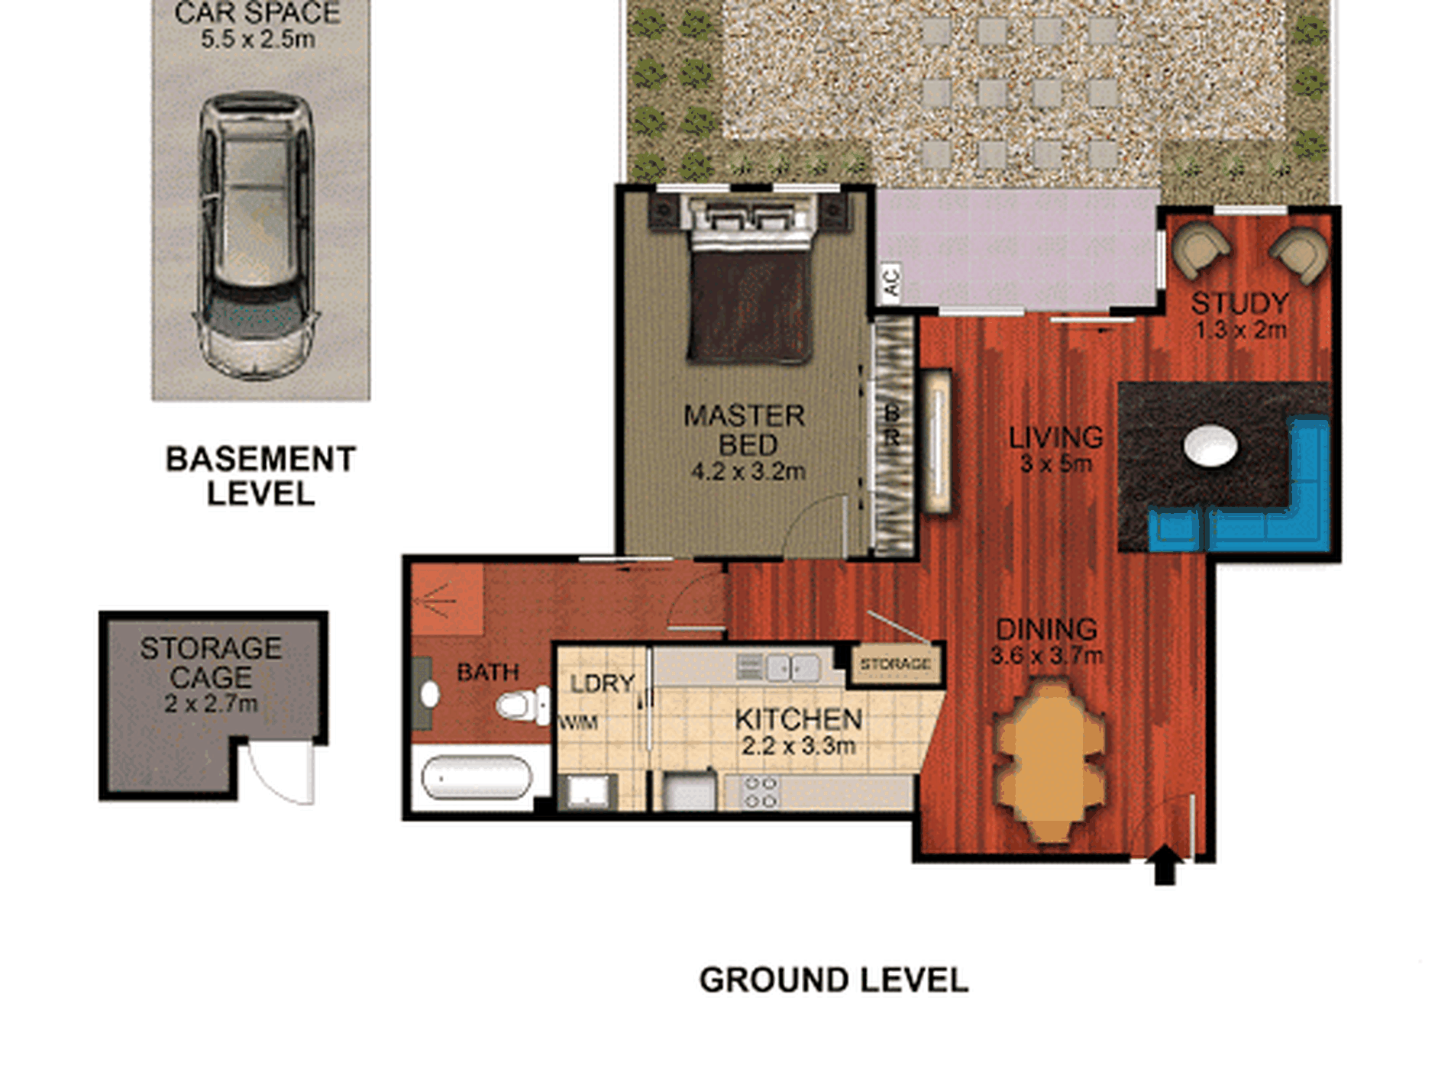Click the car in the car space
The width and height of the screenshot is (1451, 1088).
257,237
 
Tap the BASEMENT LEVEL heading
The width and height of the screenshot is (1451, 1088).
260,476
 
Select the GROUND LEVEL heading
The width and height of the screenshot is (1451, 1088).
834,980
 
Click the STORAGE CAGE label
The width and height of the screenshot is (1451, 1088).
211,663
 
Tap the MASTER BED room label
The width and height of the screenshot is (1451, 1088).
745,431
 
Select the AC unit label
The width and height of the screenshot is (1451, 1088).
891,281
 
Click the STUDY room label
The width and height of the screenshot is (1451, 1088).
1240,303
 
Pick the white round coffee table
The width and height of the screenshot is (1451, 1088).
1211,445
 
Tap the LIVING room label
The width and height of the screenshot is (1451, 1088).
1056,437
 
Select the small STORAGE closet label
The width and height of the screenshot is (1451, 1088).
896,664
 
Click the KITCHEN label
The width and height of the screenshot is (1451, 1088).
799,719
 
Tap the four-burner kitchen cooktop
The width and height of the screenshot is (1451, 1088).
761,792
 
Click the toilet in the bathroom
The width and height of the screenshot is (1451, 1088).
522,704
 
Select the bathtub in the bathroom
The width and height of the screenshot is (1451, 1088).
477,777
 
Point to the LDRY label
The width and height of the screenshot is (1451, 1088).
603,683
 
